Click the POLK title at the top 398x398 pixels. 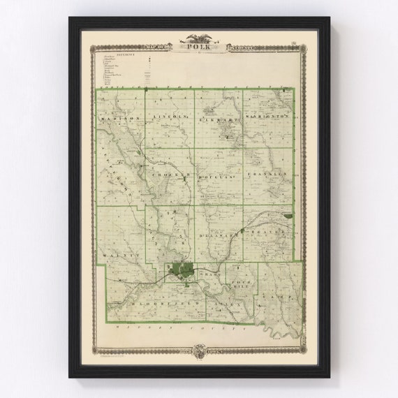coord(200,47)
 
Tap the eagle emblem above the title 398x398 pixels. coord(200,38)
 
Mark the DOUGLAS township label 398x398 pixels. coord(216,175)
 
